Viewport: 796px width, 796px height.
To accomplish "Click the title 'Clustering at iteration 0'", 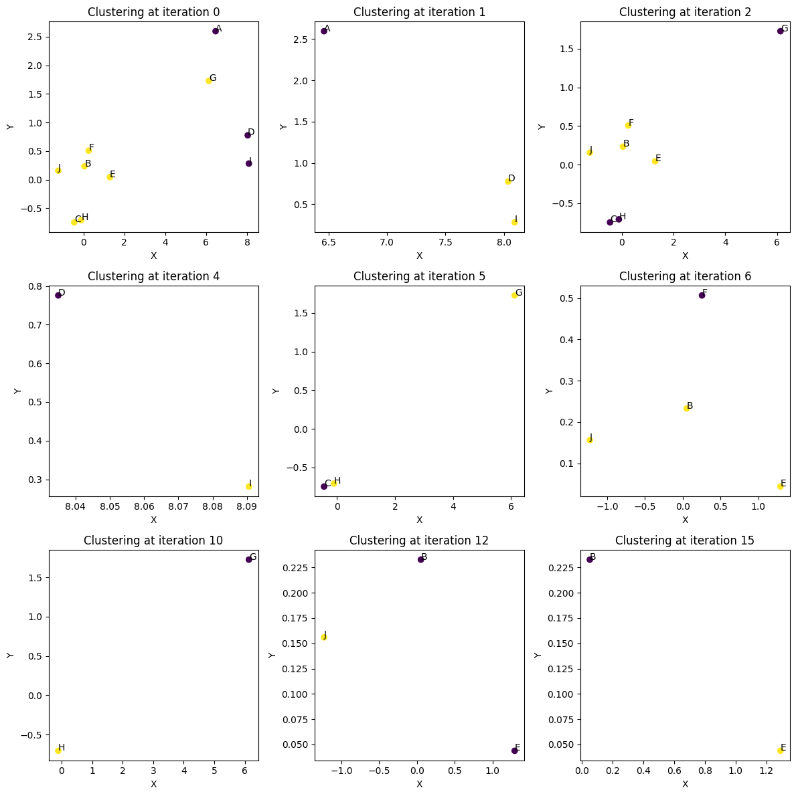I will pyautogui.click(x=153, y=12).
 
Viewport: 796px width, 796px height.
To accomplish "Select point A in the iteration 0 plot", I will pyautogui.click(x=216, y=31).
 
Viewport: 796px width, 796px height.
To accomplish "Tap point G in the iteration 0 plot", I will pyautogui.click(x=208, y=81).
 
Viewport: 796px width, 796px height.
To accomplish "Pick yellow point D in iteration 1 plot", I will pyautogui.click(x=507, y=181).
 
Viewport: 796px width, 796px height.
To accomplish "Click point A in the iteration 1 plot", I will pyautogui.click(x=324, y=31).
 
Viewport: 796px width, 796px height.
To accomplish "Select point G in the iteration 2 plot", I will pyautogui.click(x=780, y=31).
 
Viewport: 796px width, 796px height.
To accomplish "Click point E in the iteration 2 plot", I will pyautogui.click(x=655, y=161).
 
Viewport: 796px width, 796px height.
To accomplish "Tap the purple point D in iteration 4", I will pyautogui.click(x=58, y=295).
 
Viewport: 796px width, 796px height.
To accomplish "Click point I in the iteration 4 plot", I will pyautogui.click(x=248, y=486).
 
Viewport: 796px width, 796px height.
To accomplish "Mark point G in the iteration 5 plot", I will pyautogui.click(x=514, y=295).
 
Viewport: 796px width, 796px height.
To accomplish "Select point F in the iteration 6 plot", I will pyautogui.click(x=702, y=295).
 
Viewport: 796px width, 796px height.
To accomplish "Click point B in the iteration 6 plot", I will pyautogui.click(x=686, y=408).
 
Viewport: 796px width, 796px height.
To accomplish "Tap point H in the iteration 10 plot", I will pyautogui.click(x=58, y=751).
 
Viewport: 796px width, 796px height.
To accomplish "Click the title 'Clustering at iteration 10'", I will pyautogui.click(x=153, y=540).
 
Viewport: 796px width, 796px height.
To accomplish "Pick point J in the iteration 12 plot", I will pyautogui.click(x=324, y=637).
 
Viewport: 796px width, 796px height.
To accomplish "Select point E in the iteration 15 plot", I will pyautogui.click(x=780, y=751).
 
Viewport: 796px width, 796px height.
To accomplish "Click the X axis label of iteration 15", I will pyautogui.click(x=685, y=784).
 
